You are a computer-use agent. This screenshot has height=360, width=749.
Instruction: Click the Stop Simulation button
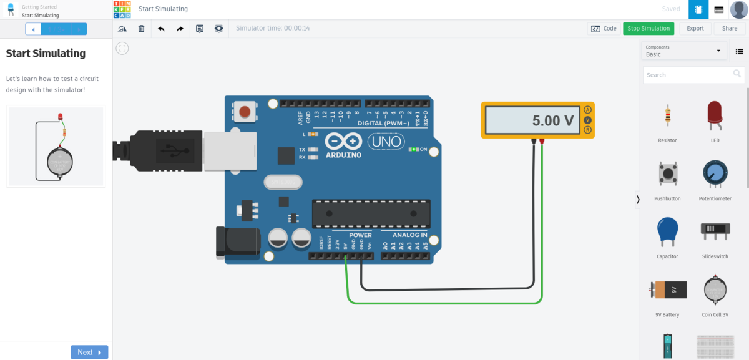point(649,28)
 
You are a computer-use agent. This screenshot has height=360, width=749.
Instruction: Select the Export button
point(695,28)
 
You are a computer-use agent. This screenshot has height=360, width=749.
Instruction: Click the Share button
point(730,28)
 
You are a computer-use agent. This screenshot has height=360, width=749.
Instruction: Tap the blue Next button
point(89,353)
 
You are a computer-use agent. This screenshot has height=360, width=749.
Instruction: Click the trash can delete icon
point(142,29)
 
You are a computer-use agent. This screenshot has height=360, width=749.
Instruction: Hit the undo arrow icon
point(161,29)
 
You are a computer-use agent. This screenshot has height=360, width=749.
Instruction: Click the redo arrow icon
point(180,29)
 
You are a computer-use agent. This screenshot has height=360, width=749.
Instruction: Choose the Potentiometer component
point(715,174)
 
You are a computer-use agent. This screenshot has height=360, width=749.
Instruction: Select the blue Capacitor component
point(667,232)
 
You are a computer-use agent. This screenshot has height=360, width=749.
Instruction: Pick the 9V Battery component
point(667,290)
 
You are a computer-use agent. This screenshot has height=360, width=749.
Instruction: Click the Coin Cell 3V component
point(715,290)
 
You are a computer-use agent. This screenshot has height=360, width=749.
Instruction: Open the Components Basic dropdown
point(684,51)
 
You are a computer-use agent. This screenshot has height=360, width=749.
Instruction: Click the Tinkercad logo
point(122,9)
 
